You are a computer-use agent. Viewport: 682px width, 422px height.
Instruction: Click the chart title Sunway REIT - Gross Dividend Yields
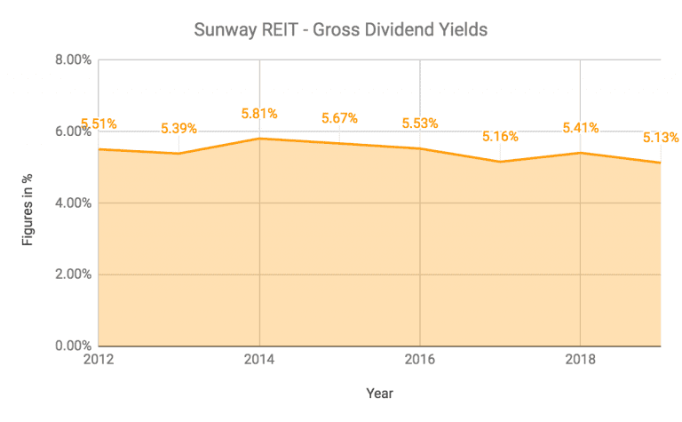click(341, 30)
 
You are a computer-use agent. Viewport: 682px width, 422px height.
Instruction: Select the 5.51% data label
click(99, 124)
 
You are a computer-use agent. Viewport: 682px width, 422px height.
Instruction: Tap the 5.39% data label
click(178, 129)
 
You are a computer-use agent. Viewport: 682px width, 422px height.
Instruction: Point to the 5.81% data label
click(259, 114)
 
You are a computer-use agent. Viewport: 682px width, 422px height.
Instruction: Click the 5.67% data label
click(339, 118)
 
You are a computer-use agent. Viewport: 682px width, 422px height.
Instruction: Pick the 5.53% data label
click(420, 123)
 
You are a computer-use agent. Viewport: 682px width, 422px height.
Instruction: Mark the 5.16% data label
click(500, 137)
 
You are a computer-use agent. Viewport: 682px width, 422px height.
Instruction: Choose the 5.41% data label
click(580, 128)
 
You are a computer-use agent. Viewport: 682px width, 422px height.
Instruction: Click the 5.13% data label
click(660, 138)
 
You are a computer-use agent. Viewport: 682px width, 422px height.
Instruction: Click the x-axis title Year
click(379, 392)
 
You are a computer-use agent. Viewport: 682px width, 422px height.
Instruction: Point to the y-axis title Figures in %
click(28, 203)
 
